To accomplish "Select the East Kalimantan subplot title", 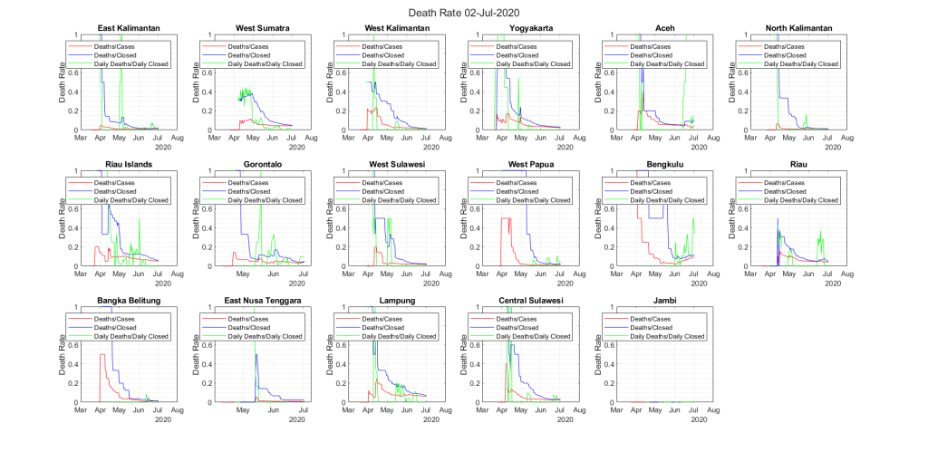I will pos(127,29).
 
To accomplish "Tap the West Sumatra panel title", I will pos(262,29).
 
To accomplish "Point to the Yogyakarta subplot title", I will pos(532,29).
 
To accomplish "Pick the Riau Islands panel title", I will pos(127,165).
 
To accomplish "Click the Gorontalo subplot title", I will pos(262,165).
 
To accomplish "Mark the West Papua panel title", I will pos(532,165).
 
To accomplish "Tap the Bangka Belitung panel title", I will pos(127,301).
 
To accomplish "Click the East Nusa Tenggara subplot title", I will pos(262,301).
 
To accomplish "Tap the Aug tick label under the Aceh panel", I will pos(714,138).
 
